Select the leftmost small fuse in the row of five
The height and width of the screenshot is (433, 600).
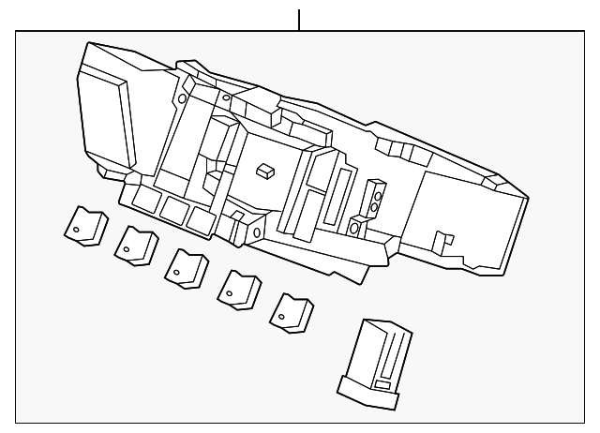pos(85,226)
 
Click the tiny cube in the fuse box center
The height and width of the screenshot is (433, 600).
pos(264,170)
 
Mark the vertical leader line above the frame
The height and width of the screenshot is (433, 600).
pos(299,19)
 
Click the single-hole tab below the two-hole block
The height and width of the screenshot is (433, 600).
pos(357,226)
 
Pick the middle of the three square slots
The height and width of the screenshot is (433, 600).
pos(172,208)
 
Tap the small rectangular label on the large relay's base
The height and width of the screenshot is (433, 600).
pos(382,385)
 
